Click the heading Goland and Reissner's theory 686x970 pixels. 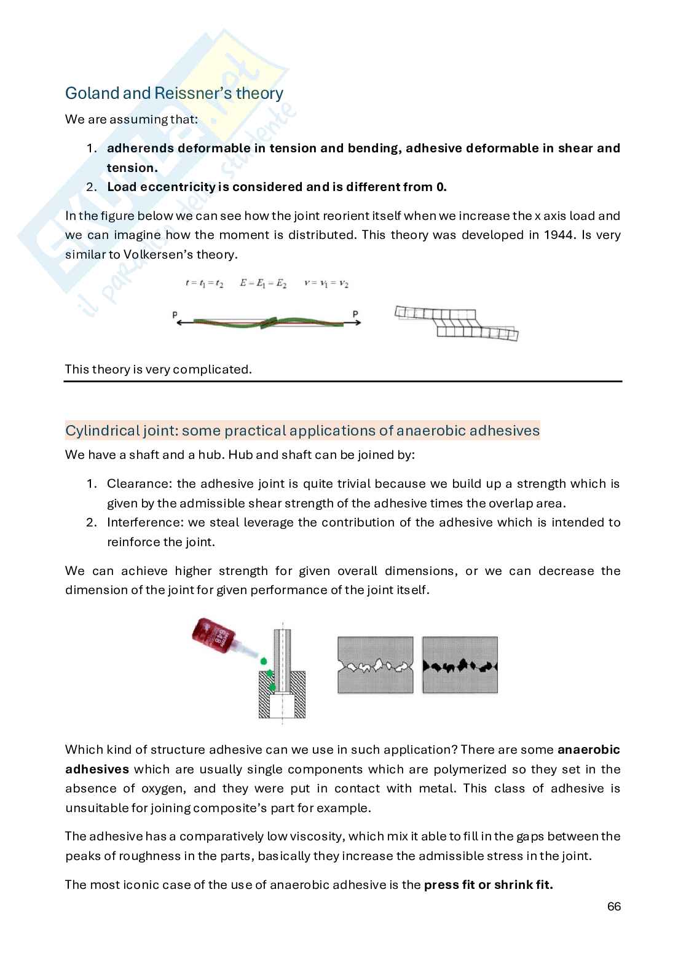(x=174, y=93)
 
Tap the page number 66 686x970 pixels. (x=613, y=907)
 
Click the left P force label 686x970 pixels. (x=175, y=315)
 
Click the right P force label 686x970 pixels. (x=355, y=315)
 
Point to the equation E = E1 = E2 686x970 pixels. (x=264, y=284)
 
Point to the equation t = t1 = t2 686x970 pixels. (x=205, y=284)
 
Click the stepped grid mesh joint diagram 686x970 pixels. (x=456, y=323)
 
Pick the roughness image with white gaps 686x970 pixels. (x=375, y=665)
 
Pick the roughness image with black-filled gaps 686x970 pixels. (x=460, y=665)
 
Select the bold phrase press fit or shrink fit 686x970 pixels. (x=489, y=885)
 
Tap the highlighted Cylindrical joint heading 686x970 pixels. (x=302, y=431)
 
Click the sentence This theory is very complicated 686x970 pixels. (x=159, y=369)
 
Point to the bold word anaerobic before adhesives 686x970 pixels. (x=588, y=749)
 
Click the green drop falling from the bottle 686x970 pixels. (x=264, y=661)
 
